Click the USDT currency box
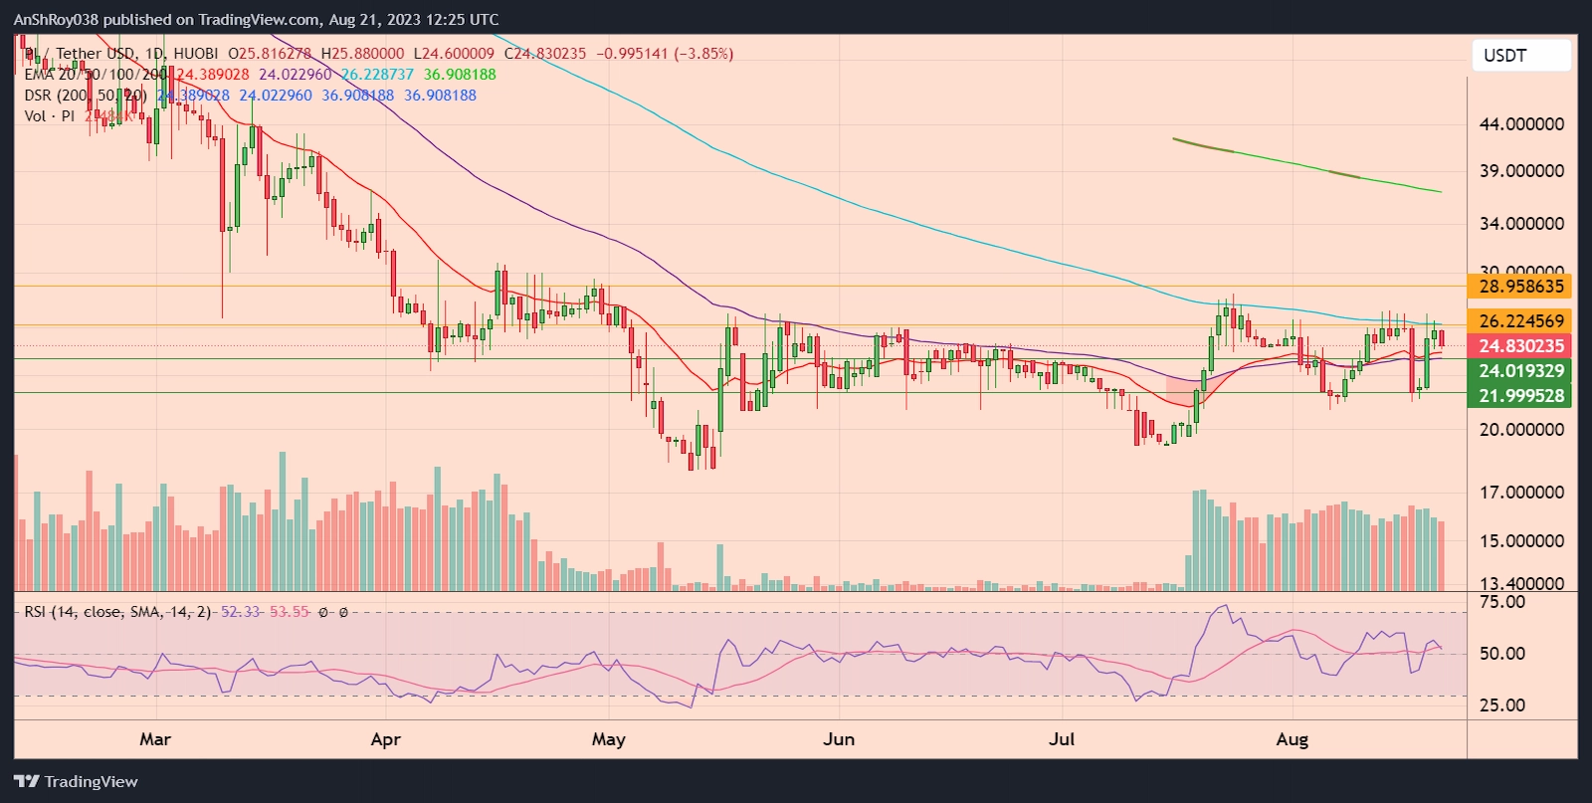1520,56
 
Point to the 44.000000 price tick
1521,124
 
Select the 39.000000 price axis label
1521,171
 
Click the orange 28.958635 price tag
1521,287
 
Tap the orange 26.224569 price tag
1521,321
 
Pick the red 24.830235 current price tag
1521,346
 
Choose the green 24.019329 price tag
1521,371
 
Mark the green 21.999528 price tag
1521,396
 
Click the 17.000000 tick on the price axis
1521,493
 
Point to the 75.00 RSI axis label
1501,602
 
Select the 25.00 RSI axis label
1501,705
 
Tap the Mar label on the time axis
155,739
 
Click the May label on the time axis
608,739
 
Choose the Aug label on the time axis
1292,739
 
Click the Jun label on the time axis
839,739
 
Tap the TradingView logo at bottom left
76,782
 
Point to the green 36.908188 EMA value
460,75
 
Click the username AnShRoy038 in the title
56,19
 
